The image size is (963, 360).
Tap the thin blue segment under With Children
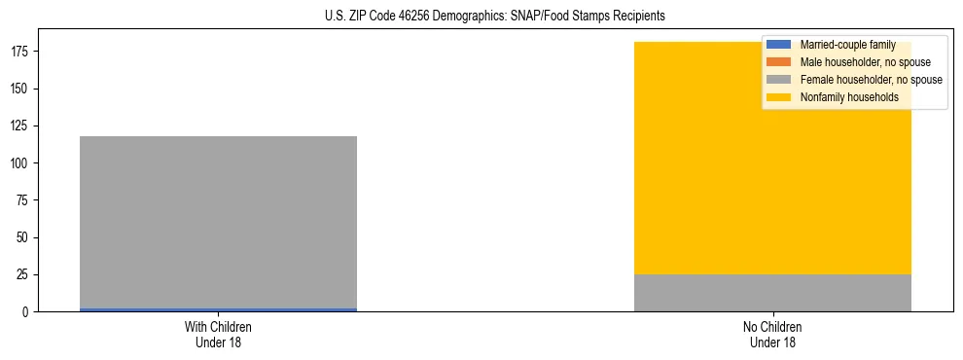click(218, 309)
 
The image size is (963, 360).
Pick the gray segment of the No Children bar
click(772, 293)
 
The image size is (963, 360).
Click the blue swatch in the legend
click(779, 45)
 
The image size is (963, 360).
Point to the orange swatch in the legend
click(779, 62)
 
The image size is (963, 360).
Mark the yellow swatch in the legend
click(779, 97)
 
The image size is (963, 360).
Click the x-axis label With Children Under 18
click(218, 334)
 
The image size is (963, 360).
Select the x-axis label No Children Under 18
click(772, 334)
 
